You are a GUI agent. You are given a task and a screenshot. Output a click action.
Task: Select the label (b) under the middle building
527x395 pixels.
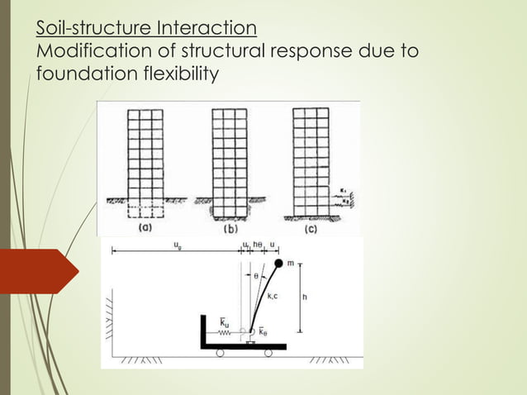click(230, 228)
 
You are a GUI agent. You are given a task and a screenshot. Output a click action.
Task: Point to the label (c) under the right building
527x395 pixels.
click(311, 228)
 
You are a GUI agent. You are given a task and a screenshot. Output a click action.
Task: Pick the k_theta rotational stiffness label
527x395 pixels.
click(263, 331)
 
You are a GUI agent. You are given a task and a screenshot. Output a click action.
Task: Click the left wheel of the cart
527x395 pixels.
click(220, 353)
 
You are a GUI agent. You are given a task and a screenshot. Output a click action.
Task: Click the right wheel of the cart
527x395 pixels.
click(269, 353)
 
